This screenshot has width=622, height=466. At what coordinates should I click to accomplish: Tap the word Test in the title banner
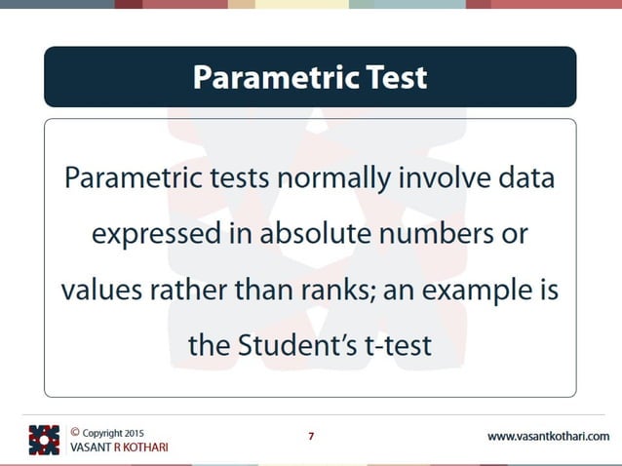pos(394,76)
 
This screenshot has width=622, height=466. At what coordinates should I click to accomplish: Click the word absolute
pos(323,236)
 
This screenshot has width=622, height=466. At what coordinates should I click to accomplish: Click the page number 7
pos(311,436)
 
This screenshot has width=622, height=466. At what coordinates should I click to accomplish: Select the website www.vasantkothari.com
pos(548,436)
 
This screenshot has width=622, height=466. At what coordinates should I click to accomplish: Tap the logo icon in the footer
pos(44,439)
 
